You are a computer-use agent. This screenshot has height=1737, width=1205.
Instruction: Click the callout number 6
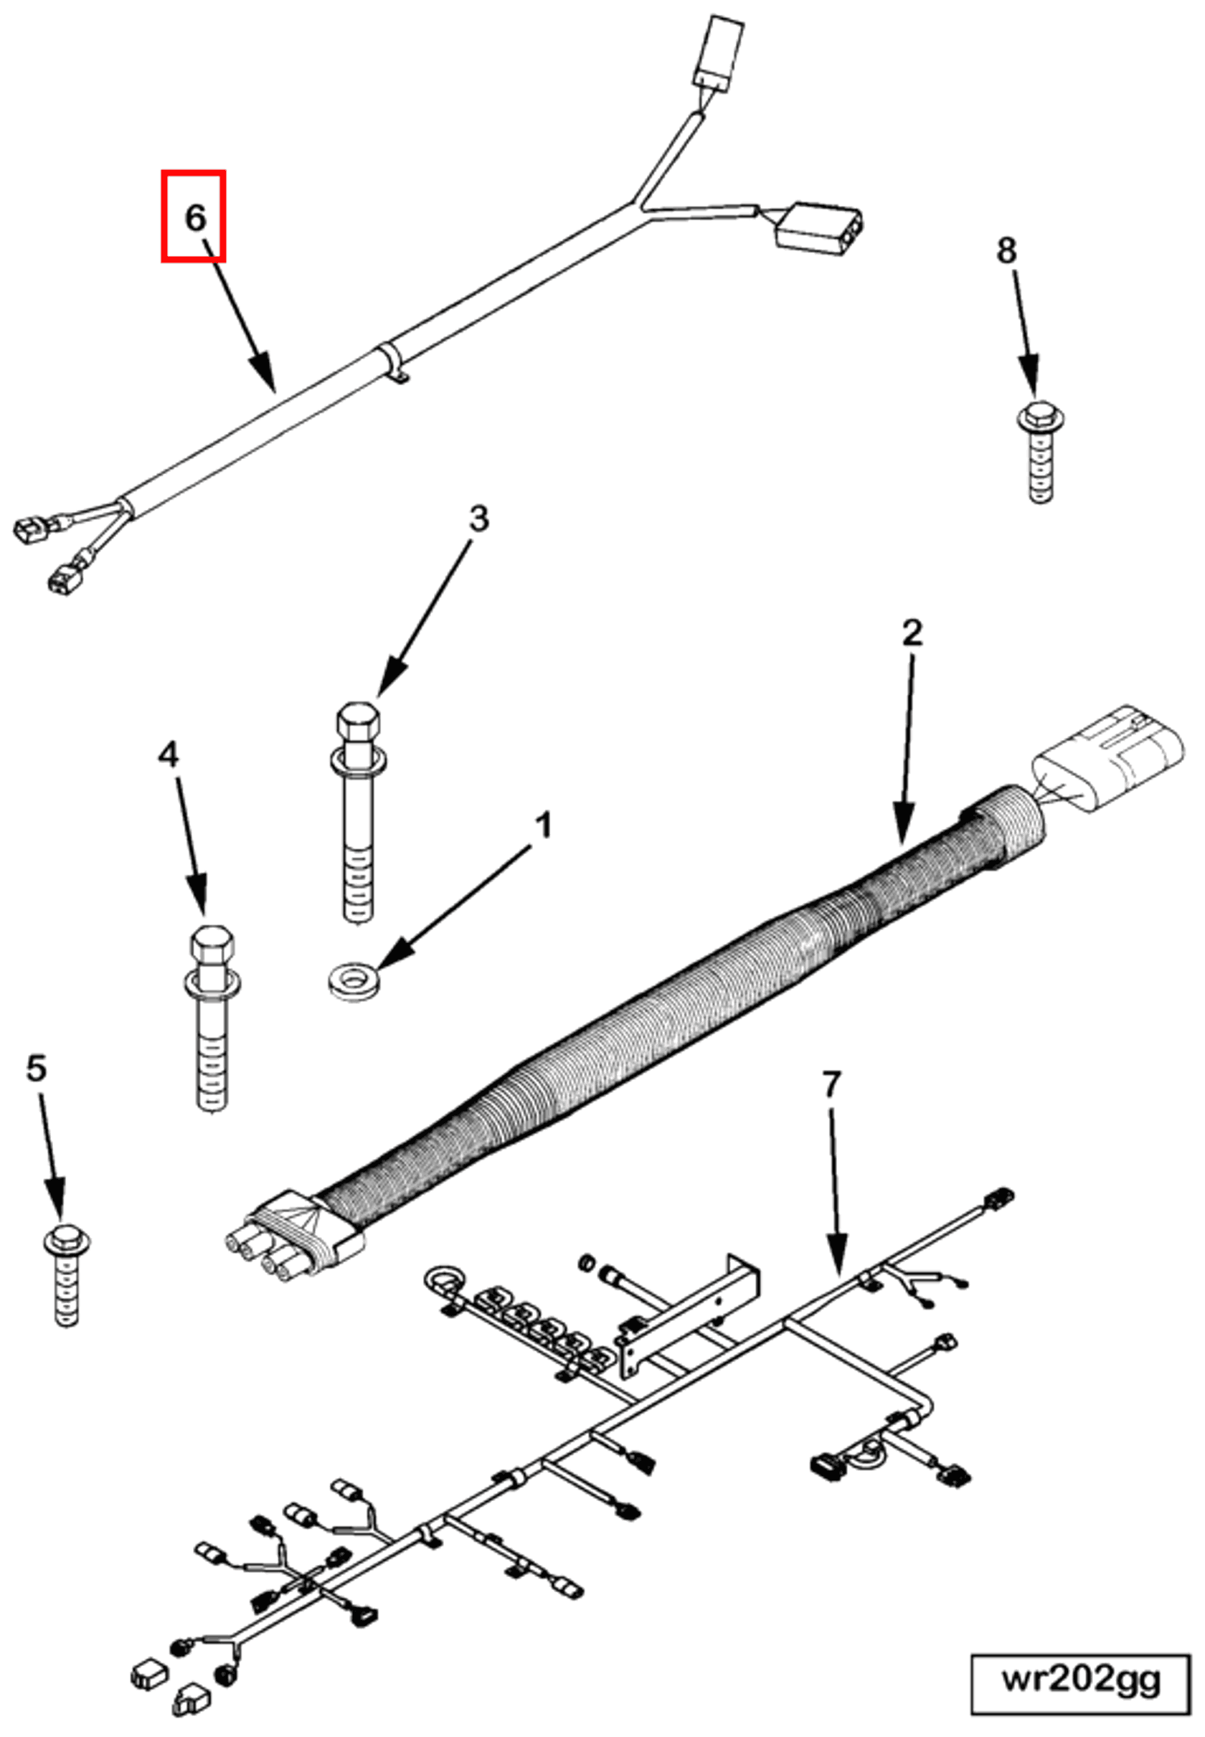(x=195, y=218)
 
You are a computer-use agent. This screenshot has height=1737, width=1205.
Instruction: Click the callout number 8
(x=1006, y=250)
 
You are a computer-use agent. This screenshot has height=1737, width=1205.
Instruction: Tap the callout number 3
(x=478, y=519)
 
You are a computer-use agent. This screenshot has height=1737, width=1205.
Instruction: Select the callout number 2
(x=912, y=633)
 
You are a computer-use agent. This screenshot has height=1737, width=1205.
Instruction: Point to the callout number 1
(x=543, y=826)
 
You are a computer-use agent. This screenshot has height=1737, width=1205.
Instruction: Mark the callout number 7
(x=831, y=1085)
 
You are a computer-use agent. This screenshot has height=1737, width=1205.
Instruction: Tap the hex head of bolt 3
(x=357, y=723)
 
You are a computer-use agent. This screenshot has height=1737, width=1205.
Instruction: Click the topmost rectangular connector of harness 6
(x=718, y=52)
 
